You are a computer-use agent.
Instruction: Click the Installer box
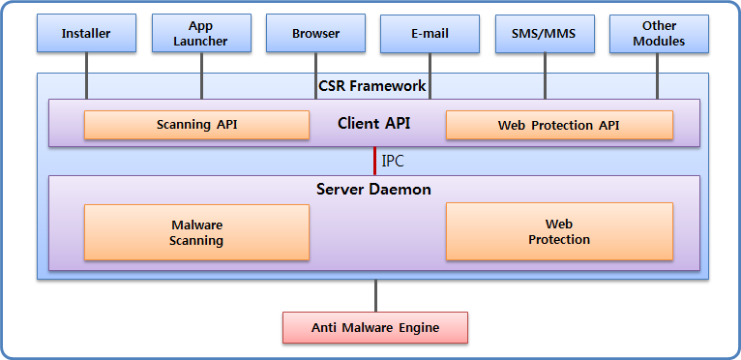[x=86, y=34]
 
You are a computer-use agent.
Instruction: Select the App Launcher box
[x=201, y=34]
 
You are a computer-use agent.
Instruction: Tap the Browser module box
[x=315, y=34]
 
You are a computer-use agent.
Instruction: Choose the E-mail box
[x=430, y=34]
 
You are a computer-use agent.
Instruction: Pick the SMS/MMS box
[x=544, y=34]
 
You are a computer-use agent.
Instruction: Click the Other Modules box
[x=659, y=34]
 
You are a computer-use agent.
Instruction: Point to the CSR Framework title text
[x=372, y=86]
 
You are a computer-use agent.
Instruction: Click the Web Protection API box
[x=558, y=125]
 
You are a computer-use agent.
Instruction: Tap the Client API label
[x=372, y=124]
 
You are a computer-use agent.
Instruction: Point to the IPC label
[x=394, y=161]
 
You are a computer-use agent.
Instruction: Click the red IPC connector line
[x=375, y=161]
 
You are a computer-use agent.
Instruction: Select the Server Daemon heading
[x=373, y=189]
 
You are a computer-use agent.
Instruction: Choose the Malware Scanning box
[x=196, y=232]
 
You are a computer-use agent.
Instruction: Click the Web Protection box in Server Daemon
[x=558, y=232]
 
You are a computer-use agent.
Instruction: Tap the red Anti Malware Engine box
[x=375, y=327]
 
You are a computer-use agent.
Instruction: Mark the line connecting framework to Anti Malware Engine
[x=375, y=295]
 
